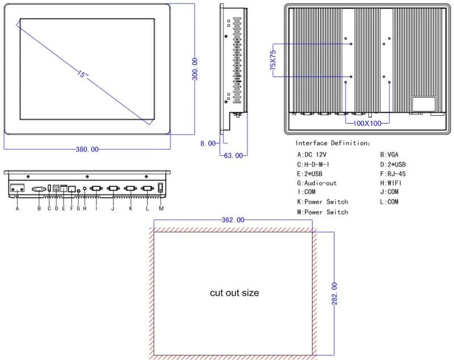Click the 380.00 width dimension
[x=87, y=150]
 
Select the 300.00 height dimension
[x=195, y=69]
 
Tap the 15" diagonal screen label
[x=82, y=74]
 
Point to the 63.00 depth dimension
[x=233, y=155]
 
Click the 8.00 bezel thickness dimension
[x=208, y=143]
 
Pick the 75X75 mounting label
[x=273, y=60]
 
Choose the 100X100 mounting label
[x=367, y=124]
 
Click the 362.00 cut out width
[x=233, y=220]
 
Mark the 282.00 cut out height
[x=334, y=294]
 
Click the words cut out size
[x=234, y=293]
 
